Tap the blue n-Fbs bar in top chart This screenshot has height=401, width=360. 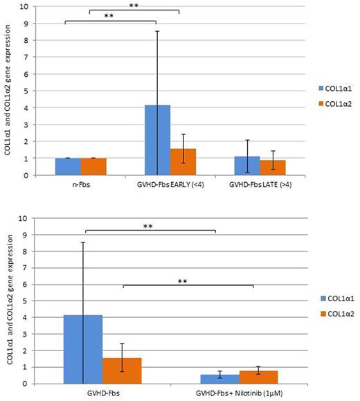pyautogui.click(x=68, y=167)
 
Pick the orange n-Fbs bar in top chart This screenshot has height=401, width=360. pyautogui.click(x=93, y=167)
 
